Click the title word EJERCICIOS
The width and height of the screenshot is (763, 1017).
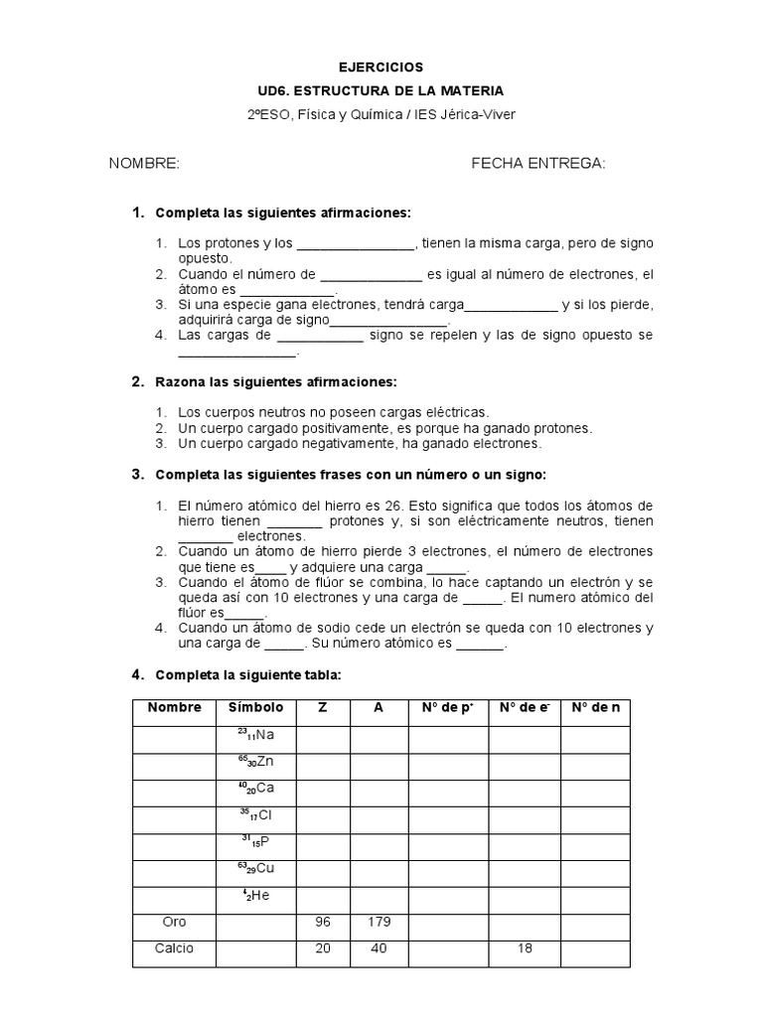tap(381, 68)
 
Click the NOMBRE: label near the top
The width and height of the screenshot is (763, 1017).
tap(144, 163)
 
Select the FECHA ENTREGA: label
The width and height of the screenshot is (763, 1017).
tap(537, 163)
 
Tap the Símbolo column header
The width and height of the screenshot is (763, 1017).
tap(255, 708)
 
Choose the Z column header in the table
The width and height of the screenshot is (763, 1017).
tap(322, 708)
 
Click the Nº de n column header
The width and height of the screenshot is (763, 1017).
tap(595, 708)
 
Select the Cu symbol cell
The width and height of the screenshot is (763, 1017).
tap(255, 869)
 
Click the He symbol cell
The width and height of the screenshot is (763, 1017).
tap(255, 896)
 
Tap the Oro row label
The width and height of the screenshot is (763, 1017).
tap(174, 923)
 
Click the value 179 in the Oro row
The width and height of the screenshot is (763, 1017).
tap(378, 923)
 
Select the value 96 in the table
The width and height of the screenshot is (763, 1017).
tap(322, 923)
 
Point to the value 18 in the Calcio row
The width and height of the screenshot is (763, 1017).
tap(525, 949)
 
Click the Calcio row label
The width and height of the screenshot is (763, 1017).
tap(174, 949)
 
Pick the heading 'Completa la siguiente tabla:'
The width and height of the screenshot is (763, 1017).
tap(248, 675)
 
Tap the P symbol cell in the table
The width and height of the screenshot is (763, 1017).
tap(255, 842)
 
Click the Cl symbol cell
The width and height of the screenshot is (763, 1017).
tap(255, 815)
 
